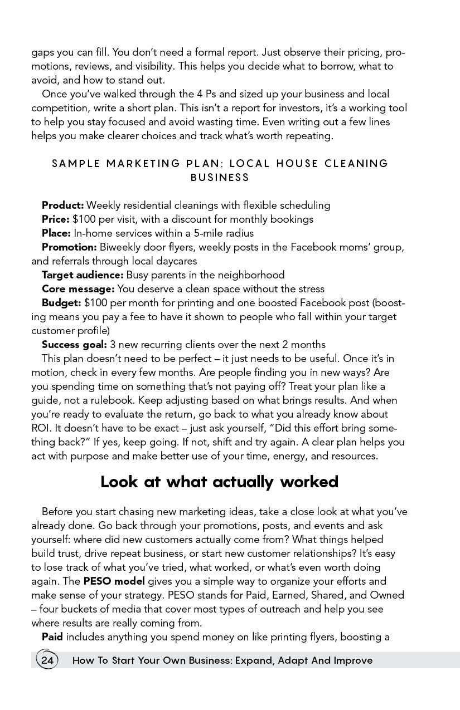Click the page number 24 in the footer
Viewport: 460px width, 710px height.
[x=47, y=660]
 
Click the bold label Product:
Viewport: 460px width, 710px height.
[x=62, y=205]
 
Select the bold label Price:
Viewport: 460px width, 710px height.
[x=56, y=219]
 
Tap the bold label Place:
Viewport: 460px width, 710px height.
[x=56, y=233]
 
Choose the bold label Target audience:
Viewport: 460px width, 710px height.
[x=83, y=275]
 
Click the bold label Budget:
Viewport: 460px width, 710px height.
[x=61, y=303]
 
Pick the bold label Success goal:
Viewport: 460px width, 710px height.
[x=74, y=345]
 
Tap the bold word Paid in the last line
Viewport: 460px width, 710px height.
[x=52, y=637]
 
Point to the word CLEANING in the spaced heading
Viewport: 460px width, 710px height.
[x=356, y=164]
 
